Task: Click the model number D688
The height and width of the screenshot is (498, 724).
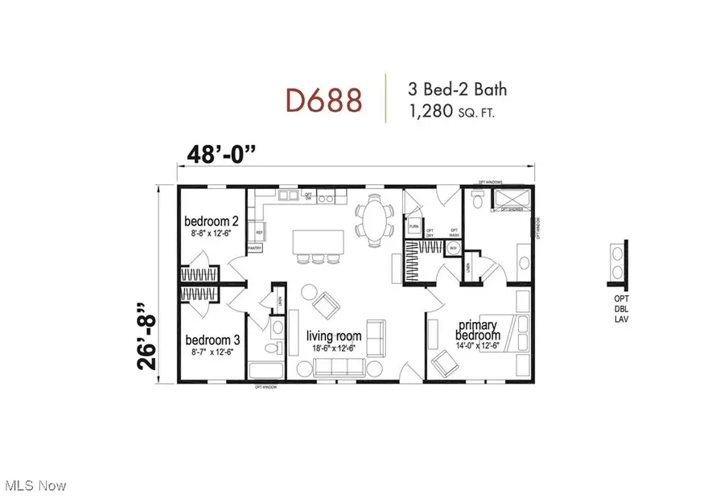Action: coord(324,101)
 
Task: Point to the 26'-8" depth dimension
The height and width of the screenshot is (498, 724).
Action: coord(145,348)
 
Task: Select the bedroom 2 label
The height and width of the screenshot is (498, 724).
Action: coord(212,221)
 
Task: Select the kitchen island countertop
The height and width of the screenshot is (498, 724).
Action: coord(319,241)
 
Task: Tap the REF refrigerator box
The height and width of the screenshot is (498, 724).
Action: coord(259,233)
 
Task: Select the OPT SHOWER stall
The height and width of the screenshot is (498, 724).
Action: coord(512,200)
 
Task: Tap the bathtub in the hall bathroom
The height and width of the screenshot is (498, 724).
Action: coord(267,371)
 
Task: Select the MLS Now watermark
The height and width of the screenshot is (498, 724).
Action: coord(36,485)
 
